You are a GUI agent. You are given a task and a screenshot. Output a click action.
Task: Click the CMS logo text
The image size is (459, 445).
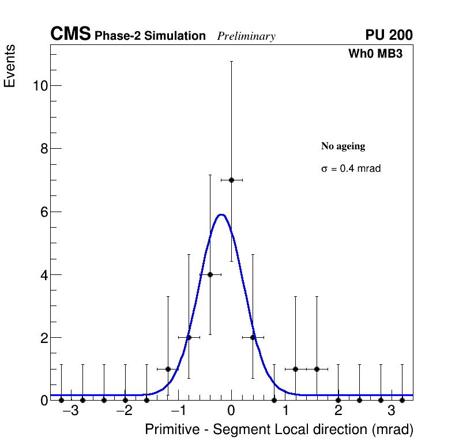click(70, 35)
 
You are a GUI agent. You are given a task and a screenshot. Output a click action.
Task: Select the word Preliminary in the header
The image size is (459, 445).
click(246, 36)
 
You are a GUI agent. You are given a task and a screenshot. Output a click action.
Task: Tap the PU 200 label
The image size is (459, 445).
click(389, 35)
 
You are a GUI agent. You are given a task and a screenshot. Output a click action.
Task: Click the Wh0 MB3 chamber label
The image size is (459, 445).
click(375, 54)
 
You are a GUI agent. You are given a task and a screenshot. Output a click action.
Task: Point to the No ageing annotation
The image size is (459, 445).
click(343, 146)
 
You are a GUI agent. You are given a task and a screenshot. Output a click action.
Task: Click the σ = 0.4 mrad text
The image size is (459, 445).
click(351, 169)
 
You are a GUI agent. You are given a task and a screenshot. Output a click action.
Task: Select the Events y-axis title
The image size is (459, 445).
click(10, 66)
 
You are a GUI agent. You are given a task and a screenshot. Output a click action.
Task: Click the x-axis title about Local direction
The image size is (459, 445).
click(279, 430)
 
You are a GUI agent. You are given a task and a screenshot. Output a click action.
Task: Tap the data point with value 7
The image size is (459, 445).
click(231, 180)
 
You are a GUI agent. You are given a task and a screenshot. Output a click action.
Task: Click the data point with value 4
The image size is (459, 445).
click(210, 274)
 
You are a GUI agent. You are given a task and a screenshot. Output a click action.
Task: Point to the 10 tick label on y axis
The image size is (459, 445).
click(39, 86)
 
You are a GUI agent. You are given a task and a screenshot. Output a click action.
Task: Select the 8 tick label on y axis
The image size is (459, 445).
click(43, 149)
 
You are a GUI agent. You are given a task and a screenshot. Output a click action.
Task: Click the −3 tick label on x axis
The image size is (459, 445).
click(71, 412)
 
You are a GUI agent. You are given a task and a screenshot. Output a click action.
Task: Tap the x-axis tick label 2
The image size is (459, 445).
click(338, 412)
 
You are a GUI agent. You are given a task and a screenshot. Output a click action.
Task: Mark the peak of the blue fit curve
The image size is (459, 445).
click(221, 215)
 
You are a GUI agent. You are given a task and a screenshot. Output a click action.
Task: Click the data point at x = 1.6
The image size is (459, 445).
click(317, 369)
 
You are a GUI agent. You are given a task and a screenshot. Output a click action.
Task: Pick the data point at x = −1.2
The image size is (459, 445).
click(168, 369)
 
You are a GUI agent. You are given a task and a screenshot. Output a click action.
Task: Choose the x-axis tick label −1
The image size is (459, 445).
click(178, 412)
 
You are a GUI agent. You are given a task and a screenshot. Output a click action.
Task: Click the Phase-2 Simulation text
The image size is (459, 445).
click(150, 36)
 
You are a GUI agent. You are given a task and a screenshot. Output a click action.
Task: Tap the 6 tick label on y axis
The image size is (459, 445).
click(43, 212)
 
